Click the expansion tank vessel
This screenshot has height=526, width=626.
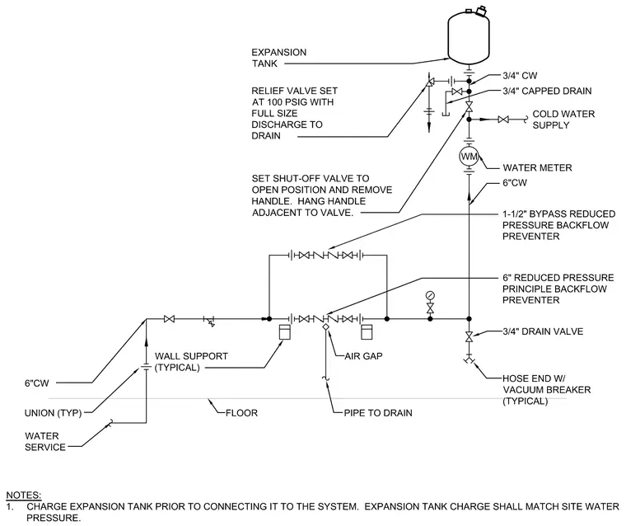[469, 37]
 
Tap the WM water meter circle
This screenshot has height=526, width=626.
[469, 157]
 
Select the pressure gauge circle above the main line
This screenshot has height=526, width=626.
[430, 296]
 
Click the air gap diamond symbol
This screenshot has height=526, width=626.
[326, 326]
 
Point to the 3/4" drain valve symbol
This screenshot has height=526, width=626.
[469, 336]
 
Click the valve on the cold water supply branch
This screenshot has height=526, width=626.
[503, 119]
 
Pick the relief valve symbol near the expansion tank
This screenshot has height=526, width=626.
[430, 82]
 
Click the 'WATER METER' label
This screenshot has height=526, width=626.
[537, 167]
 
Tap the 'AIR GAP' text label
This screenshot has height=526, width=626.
[363, 355]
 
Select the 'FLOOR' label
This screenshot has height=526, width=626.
[241, 413]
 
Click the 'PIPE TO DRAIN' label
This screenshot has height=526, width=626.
[378, 413]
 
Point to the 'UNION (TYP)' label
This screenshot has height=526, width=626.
[53, 413]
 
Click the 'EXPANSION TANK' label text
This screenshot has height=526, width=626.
[278, 58]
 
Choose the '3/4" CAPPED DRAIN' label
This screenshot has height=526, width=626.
[547, 91]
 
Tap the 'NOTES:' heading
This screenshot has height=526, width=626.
[24, 495]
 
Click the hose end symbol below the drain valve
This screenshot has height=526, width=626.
[469, 359]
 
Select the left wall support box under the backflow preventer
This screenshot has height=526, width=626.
[285, 332]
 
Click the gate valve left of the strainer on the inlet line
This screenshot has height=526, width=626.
[170, 319]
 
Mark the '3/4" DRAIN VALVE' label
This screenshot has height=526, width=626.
[543, 331]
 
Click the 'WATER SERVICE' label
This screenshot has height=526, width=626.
[45, 442]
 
